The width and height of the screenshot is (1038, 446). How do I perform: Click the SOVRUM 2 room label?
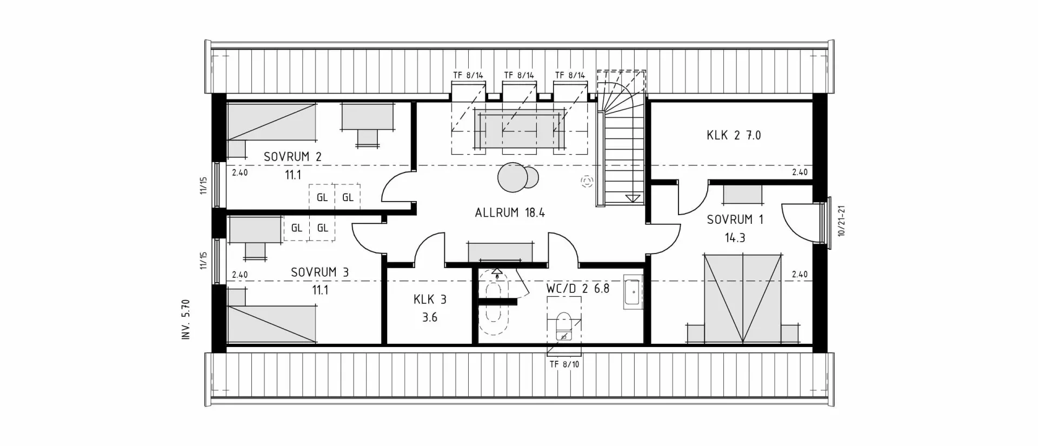pos(292,157)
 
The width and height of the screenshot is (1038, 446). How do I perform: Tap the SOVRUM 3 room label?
pos(320,272)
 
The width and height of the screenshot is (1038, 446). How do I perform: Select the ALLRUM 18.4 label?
pos(510,212)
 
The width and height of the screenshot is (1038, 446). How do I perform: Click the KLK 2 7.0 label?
pos(734,135)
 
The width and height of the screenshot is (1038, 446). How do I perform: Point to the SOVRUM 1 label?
pos(735,219)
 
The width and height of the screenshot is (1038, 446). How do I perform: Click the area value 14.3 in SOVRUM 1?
pos(735,238)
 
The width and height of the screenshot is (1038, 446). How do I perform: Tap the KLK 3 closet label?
pos(430,299)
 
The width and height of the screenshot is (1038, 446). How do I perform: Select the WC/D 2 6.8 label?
pos(577,288)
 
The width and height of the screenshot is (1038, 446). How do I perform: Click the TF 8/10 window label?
pos(564,364)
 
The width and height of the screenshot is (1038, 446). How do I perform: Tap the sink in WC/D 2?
pos(633,292)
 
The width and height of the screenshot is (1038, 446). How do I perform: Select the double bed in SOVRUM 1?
pos(742,298)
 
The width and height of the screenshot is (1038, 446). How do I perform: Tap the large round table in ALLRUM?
pos(512,177)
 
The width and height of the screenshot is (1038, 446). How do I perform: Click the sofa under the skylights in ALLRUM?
pos(519,130)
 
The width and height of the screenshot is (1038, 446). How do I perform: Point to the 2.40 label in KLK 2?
pos(800,172)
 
